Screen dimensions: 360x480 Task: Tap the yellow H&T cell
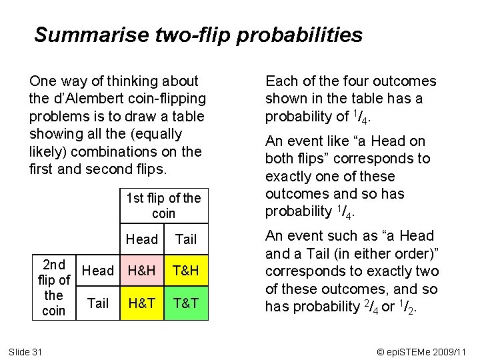(x=142, y=303)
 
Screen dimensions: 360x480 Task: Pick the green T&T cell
(x=185, y=303)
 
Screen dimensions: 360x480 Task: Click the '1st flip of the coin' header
(x=163, y=205)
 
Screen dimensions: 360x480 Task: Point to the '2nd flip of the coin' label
(x=53, y=287)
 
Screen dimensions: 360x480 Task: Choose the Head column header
(x=142, y=239)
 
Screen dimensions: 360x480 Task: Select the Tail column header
(x=185, y=239)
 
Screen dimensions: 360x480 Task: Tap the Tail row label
(x=98, y=303)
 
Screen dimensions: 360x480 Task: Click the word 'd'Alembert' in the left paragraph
(x=87, y=99)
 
